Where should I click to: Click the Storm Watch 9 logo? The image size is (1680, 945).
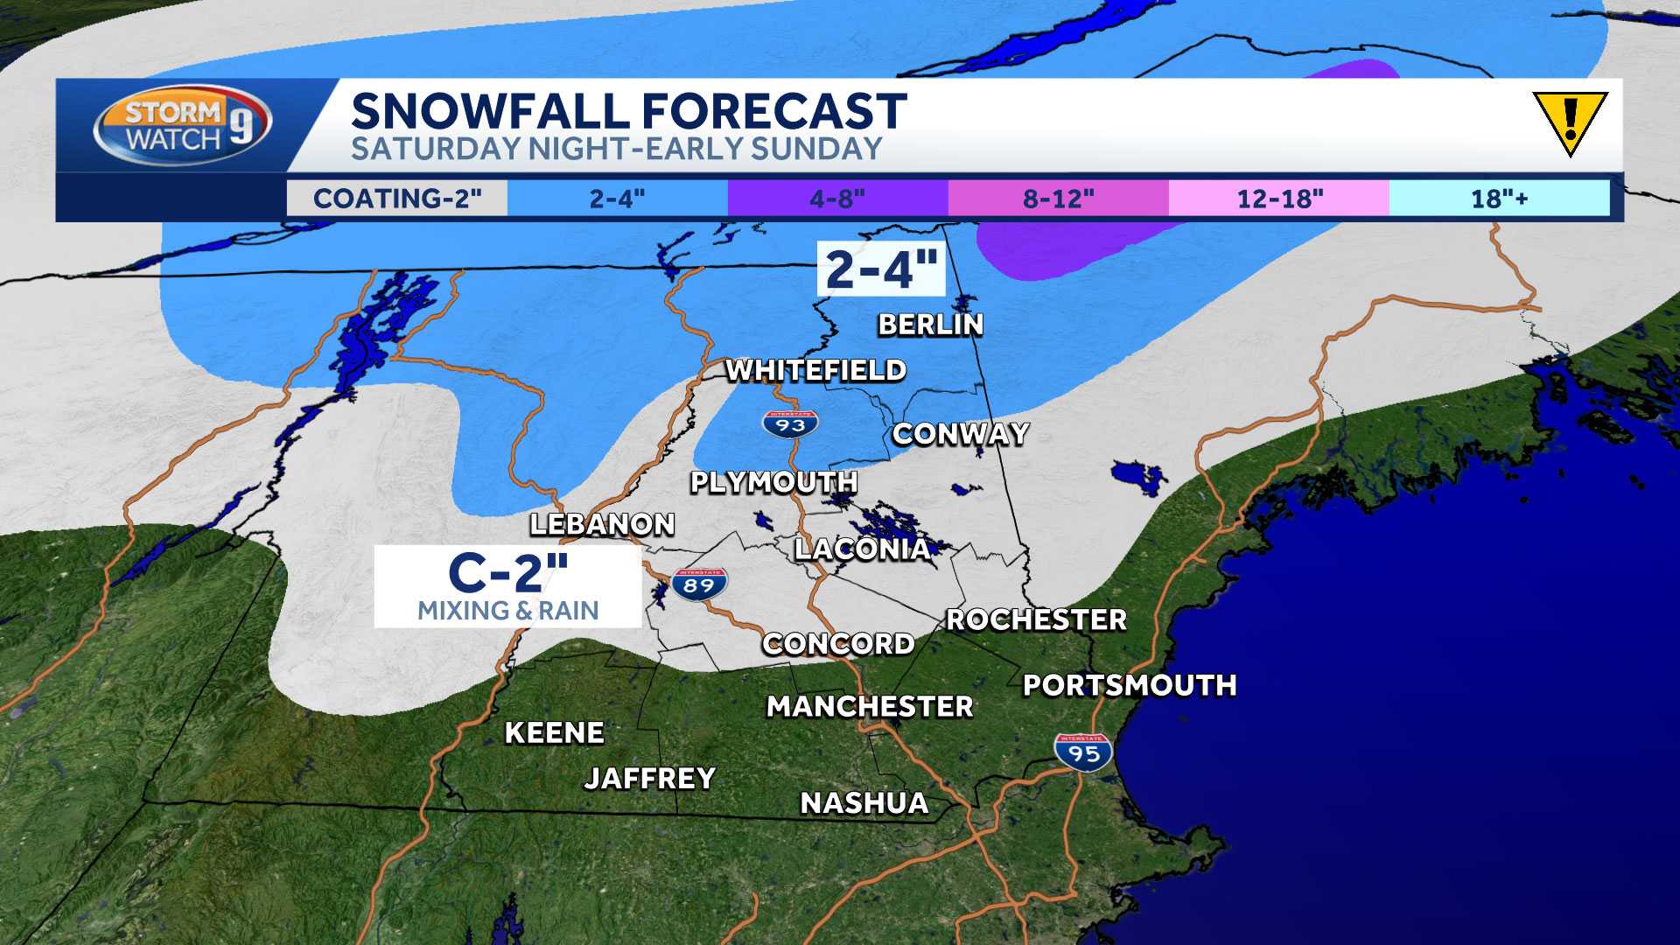click(182, 125)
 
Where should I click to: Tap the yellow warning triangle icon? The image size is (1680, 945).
click(1570, 122)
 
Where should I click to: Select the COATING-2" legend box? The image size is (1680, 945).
click(397, 199)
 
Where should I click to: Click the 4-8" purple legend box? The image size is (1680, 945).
click(837, 199)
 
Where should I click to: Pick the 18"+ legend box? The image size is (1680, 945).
click(1499, 199)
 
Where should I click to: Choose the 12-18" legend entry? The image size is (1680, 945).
click(1279, 199)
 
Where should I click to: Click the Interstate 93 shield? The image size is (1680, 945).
click(790, 424)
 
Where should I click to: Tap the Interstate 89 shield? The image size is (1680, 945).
click(700, 584)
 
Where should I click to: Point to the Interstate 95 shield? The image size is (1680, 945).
click(1083, 752)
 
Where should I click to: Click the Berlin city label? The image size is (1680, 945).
click(931, 325)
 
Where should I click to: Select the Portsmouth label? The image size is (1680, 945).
click(1130, 685)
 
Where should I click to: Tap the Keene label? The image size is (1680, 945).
click(555, 732)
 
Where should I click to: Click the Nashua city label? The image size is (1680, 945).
click(864, 803)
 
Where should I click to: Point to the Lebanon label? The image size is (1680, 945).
click(603, 524)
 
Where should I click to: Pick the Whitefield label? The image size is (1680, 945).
click(815, 370)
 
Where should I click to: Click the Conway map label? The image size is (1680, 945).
click(961, 434)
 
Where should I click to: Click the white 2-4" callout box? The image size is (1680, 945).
click(881, 269)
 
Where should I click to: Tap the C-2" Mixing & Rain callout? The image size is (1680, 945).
click(507, 587)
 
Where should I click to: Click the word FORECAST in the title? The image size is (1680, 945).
click(774, 112)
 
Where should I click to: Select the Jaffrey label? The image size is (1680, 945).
click(650, 778)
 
